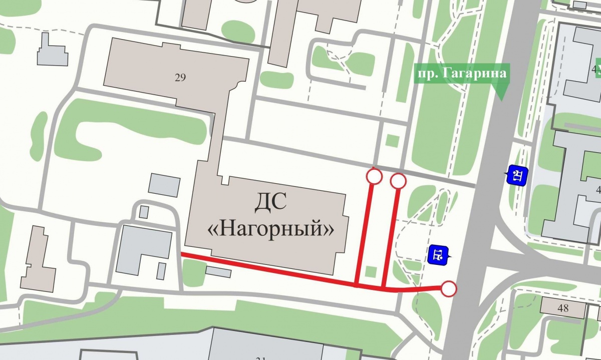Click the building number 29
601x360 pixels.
click(181, 77)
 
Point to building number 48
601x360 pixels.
click(563, 308)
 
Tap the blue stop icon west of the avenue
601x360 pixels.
click(437, 254)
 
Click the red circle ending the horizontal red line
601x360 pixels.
click(449, 289)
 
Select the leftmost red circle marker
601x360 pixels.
click(374, 176)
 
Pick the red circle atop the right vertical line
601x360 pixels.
click(398, 181)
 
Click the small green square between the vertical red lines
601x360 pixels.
click(371, 272)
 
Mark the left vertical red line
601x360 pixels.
click(364, 230)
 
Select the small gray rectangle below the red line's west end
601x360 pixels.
click(218, 272)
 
